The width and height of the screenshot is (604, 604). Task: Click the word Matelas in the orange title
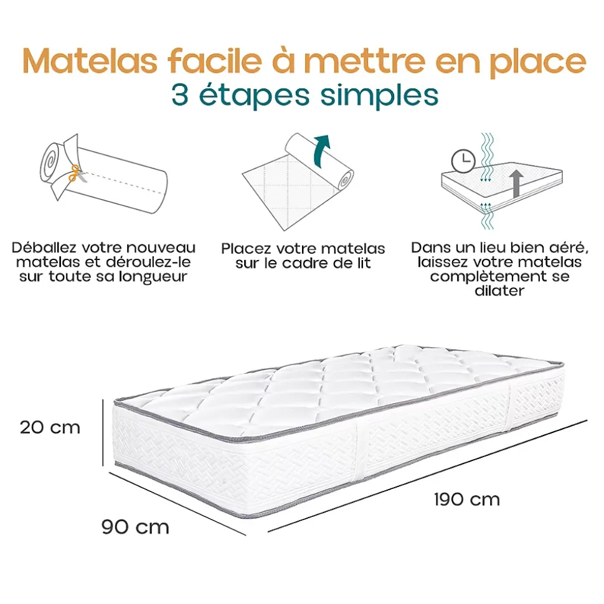tap(90, 61)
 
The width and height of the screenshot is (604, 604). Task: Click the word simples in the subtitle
tap(379, 96)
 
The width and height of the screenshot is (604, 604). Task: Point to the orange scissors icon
tap(75, 174)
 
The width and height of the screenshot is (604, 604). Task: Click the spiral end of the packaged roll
tap(50, 161)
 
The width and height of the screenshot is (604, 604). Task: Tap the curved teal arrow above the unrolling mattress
tap(322, 151)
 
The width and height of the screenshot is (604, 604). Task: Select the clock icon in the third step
tap(463, 160)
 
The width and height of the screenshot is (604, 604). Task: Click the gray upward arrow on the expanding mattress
tap(516, 185)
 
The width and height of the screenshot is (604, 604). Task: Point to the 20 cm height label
tap(50, 427)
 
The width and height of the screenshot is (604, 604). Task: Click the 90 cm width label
tap(135, 527)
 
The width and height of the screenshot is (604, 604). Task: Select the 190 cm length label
tap(466, 499)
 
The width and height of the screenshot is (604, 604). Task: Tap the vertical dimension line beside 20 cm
tap(103, 432)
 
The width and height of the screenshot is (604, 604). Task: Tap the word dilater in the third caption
tap(499, 290)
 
